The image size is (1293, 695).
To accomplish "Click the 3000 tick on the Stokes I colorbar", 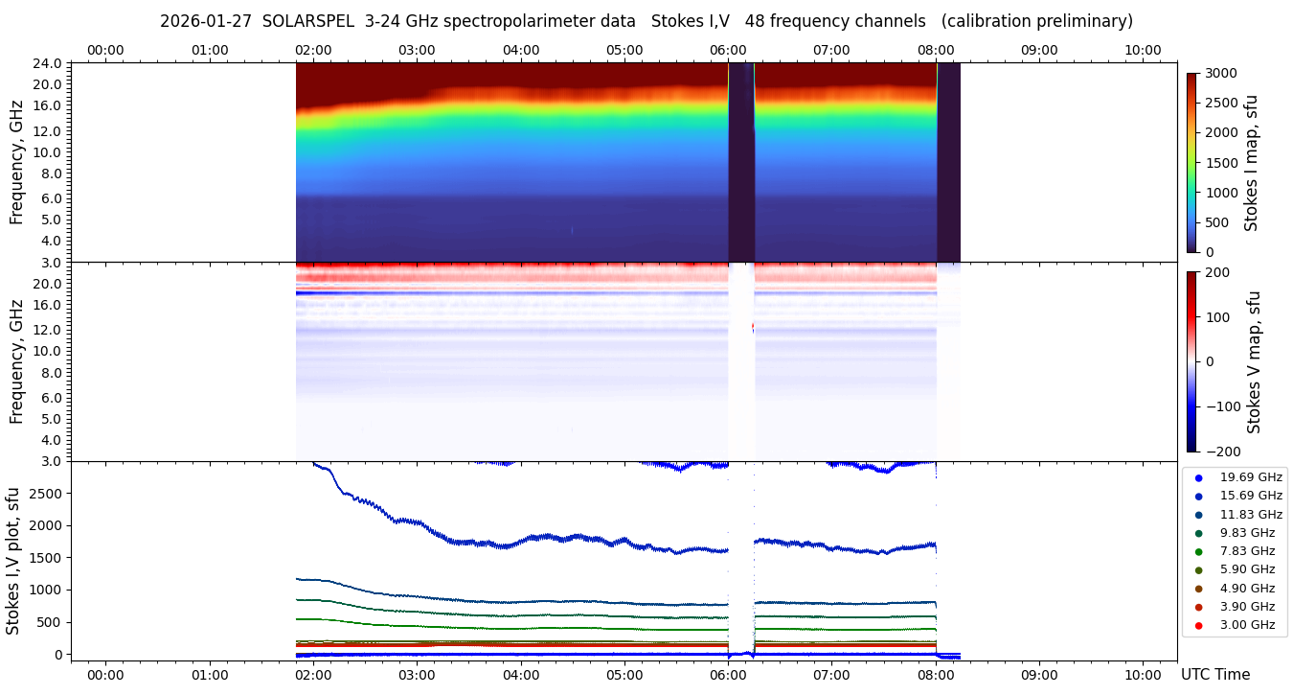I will point(1221,74).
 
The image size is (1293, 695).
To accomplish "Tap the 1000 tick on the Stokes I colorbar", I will point(1221,193).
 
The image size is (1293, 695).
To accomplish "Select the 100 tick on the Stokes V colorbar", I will point(1219,316).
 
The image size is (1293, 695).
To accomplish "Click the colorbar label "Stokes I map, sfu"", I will point(1251,163).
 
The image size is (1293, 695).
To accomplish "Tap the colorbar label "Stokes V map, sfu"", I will point(1254,361).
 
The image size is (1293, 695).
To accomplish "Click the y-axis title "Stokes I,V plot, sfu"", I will point(13,561).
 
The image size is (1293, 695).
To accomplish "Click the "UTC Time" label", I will point(1215,675).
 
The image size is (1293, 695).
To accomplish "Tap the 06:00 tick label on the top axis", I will point(728,50).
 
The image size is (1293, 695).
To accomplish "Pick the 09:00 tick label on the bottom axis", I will point(1039,675).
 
